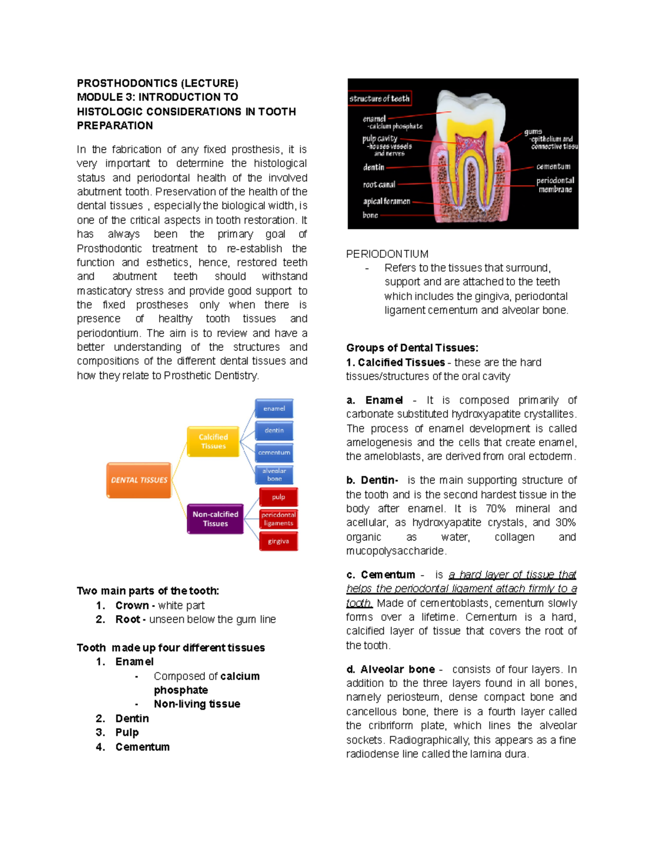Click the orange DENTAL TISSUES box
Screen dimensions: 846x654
tap(139, 480)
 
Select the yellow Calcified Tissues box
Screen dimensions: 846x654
tap(213, 441)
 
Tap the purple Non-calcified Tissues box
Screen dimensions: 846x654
tap(215, 519)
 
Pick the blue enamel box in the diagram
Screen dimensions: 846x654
tap(274, 409)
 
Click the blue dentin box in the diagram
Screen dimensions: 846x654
tap(274, 430)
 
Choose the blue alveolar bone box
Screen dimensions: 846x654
tap(274, 474)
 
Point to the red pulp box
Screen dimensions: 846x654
tap(278, 497)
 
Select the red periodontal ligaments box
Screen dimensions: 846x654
tap(278, 519)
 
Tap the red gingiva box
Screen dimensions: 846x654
tap(278, 541)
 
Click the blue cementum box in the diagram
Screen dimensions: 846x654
tap(274, 453)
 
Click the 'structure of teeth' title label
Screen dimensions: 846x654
tap(379, 99)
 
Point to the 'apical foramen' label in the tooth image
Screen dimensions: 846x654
tap(386, 201)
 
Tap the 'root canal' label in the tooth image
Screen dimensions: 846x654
tap(379, 185)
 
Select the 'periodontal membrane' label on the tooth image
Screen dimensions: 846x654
tap(555, 185)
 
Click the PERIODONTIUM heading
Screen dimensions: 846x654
tap(387, 254)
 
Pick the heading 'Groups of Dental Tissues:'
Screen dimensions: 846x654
tap(412, 348)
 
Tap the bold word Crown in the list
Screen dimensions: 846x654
tap(132, 605)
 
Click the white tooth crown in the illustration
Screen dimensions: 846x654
tap(469, 109)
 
